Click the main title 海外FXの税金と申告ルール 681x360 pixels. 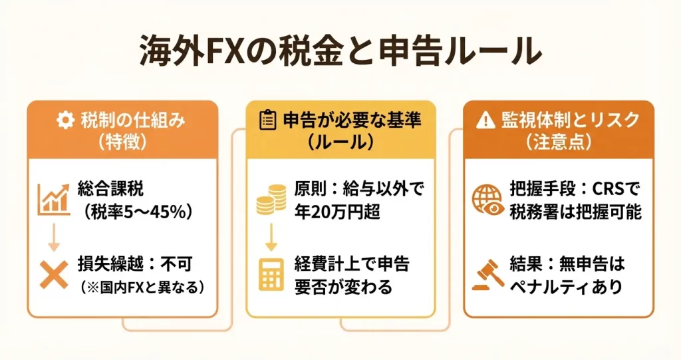pos(340,51)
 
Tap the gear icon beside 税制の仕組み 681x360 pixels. pos(66,120)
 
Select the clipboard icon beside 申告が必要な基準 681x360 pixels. pos(267,120)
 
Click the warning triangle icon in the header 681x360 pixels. pos(485,120)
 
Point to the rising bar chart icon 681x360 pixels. pos(53,199)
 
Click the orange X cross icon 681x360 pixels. pos(54,275)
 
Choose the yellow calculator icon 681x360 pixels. pos(271,275)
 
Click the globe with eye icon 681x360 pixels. pos(488,200)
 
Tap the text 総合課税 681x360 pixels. pos(111,189)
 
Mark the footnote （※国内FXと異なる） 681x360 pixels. pos(142,288)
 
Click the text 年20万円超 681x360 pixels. pos(337,212)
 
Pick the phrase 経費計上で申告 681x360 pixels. pos(352,264)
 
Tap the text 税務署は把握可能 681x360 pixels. pos(575,212)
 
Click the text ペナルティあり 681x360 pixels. pos(567,287)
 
